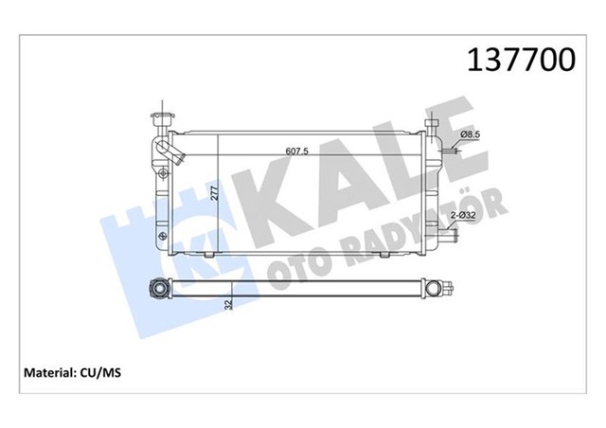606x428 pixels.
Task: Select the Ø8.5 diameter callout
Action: point(472,137)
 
